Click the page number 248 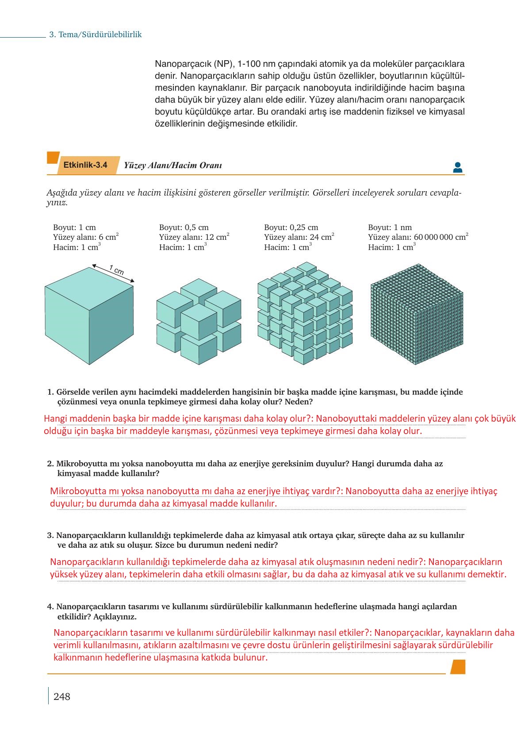(x=61, y=696)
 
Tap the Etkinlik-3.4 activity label (x=85, y=165)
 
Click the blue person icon (x=457, y=167)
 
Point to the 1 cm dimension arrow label (x=116, y=270)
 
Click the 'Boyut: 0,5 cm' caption (x=184, y=227)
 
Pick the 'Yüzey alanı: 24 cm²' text (x=299, y=237)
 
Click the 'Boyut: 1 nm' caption (x=390, y=227)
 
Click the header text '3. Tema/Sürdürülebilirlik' (x=95, y=35)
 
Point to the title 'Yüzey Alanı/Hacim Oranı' (x=172, y=165)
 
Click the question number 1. (x=50, y=392)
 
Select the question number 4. (x=50, y=607)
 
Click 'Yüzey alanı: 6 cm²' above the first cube (x=85, y=237)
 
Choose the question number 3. (x=50, y=535)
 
